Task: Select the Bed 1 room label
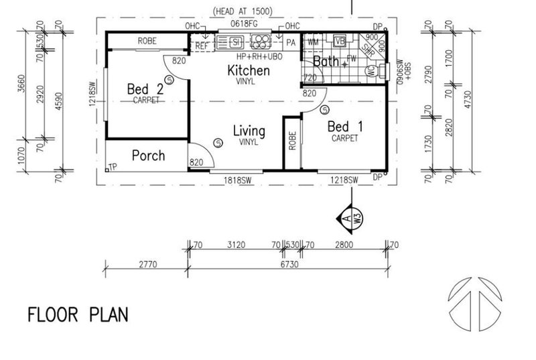pyautogui.click(x=340, y=127)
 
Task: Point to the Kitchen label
pyautogui.click(x=248, y=70)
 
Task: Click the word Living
pyautogui.click(x=249, y=130)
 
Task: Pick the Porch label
pyautogui.click(x=148, y=156)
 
